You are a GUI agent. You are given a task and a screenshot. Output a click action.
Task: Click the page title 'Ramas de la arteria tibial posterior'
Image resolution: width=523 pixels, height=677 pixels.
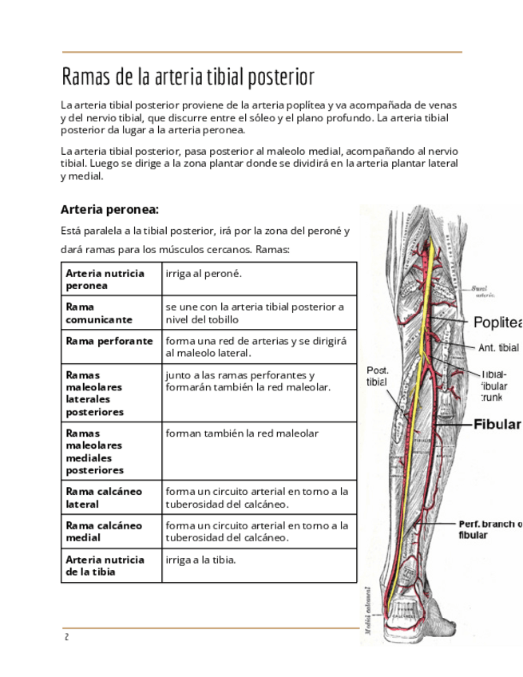[188, 77]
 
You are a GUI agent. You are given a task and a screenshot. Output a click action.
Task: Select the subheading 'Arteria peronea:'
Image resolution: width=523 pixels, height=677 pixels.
[110, 210]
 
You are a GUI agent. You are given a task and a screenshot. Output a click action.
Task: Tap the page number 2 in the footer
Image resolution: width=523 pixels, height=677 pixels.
[67, 636]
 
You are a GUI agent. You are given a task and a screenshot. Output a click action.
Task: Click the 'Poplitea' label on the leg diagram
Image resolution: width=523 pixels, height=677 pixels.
[497, 323]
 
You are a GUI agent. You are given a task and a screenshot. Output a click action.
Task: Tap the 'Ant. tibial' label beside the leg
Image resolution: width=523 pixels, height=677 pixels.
[497, 347]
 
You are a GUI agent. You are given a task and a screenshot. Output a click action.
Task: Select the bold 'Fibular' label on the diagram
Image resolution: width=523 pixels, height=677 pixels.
[497, 424]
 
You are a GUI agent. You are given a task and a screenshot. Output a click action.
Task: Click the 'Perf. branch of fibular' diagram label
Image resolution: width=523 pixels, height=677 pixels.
[489, 529]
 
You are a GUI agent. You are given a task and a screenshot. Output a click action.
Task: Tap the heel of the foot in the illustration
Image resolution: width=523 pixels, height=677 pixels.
[406, 627]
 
